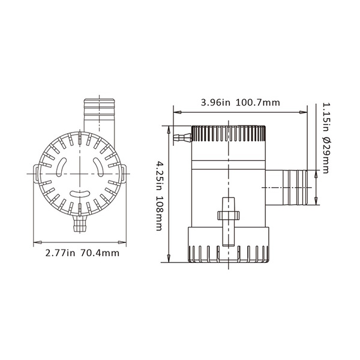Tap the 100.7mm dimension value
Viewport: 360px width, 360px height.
256,103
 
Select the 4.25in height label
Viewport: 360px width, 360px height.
160,175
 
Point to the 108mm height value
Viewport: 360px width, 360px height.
160,212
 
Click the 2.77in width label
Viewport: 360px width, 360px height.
61,253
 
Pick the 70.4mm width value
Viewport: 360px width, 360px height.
100,253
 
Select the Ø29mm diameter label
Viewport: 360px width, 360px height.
326,155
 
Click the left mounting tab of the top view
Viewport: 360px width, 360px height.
37,174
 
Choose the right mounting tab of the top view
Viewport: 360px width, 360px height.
124,174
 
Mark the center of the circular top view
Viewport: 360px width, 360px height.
80,174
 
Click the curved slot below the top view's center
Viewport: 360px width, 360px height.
80,195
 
